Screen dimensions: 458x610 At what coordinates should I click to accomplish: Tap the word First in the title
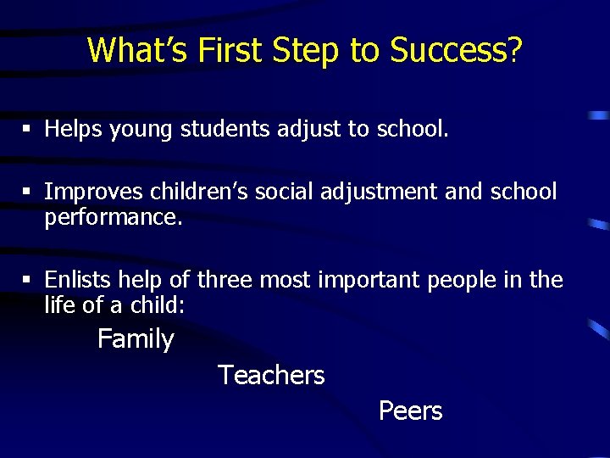point(231,50)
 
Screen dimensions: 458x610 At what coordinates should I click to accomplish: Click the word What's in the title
point(138,50)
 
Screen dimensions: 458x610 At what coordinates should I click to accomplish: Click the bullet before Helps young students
point(27,130)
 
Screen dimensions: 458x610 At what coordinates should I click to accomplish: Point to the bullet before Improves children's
point(27,192)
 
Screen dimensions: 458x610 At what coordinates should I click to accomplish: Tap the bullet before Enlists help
point(27,280)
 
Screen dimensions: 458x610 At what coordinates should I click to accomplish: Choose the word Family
point(136,339)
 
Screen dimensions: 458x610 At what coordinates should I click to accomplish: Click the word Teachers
point(271,375)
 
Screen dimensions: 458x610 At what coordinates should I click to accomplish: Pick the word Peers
point(410,411)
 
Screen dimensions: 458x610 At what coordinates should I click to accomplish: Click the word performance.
point(113,217)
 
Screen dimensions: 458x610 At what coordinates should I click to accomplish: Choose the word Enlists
point(78,280)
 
